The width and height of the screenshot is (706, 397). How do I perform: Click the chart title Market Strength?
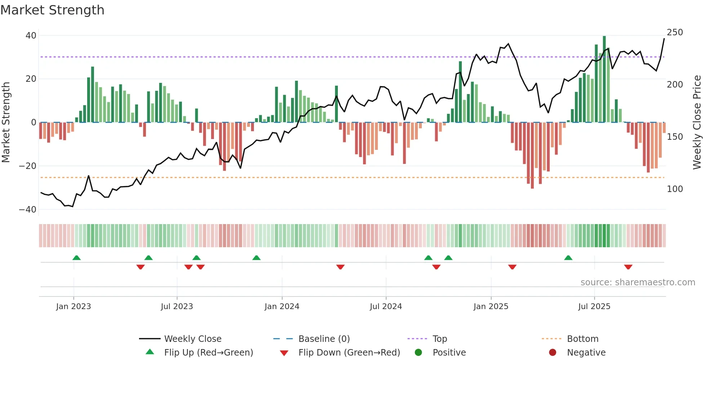pos(52,10)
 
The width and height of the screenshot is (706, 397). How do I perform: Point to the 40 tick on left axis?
pos(31,36)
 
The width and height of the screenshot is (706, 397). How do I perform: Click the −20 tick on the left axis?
pos(28,166)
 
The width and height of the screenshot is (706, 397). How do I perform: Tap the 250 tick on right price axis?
pos(675,32)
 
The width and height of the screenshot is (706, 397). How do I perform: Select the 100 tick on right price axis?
pos(675,189)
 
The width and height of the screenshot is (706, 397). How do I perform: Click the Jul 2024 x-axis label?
pos(385,307)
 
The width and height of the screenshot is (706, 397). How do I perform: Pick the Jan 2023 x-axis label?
pos(73,307)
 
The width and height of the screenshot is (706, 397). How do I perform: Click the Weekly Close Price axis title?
pos(697,122)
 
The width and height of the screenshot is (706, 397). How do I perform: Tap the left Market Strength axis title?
pos(6,122)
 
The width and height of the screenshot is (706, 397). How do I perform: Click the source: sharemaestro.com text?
pos(638,282)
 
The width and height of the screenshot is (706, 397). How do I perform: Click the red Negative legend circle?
pos(553,353)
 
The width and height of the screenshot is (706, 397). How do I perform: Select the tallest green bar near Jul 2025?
pos(604,79)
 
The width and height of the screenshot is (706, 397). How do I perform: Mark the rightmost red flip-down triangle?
pos(628,267)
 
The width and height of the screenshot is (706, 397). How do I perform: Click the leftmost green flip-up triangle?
pos(76,258)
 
